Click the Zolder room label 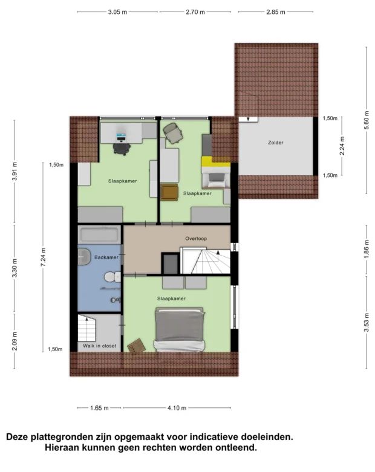(x=276, y=143)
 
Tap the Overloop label (x=196, y=239)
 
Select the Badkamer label (x=106, y=257)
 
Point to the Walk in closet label (x=99, y=346)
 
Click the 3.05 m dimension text (x=117, y=12)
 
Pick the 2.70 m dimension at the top (x=195, y=12)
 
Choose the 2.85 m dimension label (x=276, y=12)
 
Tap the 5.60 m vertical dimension (x=367, y=120)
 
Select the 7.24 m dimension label (x=44, y=257)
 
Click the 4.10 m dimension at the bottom (x=177, y=408)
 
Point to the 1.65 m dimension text (x=99, y=408)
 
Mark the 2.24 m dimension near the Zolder (x=342, y=146)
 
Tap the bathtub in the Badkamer (x=99, y=235)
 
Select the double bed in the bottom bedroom (x=179, y=329)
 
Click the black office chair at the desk (x=122, y=149)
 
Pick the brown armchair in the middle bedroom (x=169, y=192)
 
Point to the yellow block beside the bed (x=216, y=161)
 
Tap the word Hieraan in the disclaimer (x=62, y=448)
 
